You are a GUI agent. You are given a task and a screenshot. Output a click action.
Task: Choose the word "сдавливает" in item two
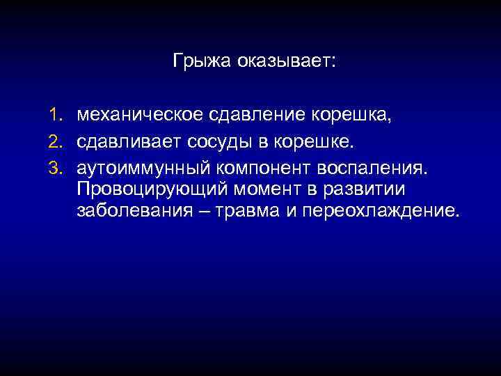coord(129,142)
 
